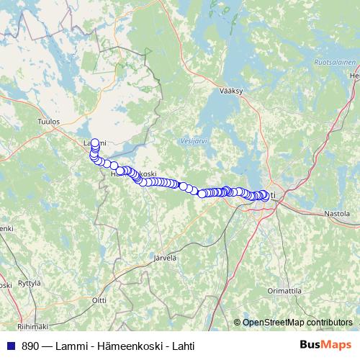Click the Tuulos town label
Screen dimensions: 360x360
[x=49, y=122]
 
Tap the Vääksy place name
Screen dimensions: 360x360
[x=233, y=91]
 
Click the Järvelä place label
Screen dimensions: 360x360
[x=165, y=257]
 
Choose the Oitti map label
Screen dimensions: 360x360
[x=99, y=300]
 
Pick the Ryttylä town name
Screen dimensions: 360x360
[x=30, y=283]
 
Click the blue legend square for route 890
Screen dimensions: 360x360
[x=10, y=346]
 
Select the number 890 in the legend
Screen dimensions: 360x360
[x=30, y=346]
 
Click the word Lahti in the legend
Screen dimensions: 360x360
[x=180, y=346]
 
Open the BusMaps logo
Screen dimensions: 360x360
[x=326, y=345]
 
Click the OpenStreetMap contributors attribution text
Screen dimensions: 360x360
[x=297, y=323]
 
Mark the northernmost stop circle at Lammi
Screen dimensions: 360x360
[x=95, y=143]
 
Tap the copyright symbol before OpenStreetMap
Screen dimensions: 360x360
[x=238, y=323]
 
